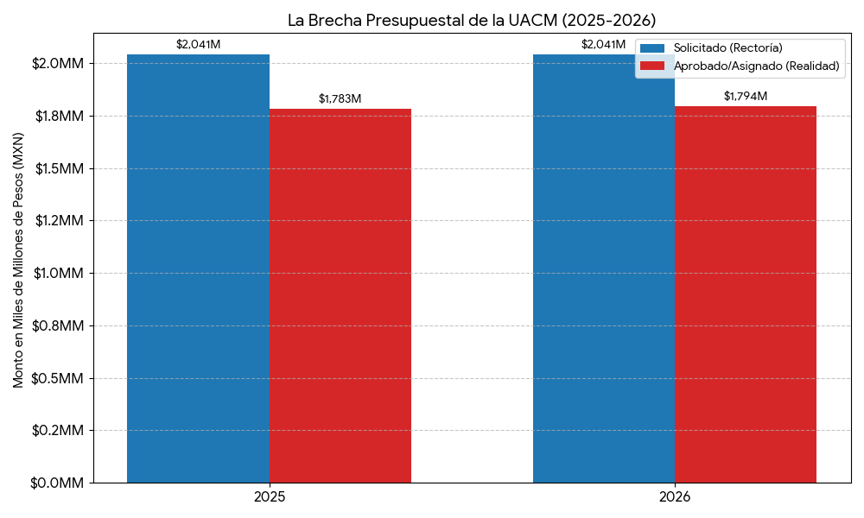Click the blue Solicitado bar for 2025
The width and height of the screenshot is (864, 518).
pyautogui.click(x=198, y=268)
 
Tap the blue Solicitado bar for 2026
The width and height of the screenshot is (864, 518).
pyautogui.click(x=603, y=268)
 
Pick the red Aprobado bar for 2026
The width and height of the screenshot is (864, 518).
pyautogui.click(x=745, y=294)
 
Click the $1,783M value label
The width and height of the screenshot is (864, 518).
pyautogui.click(x=340, y=99)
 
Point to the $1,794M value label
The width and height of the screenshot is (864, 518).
pyautogui.click(x=745, y=97)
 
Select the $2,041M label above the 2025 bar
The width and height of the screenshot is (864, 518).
pyautogui.click(x=198, y=45)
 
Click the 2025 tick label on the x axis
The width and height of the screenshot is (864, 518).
pyautogui.click(x=269, y=498)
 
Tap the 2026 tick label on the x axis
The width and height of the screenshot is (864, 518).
pyautogui.click(x=674, y=498)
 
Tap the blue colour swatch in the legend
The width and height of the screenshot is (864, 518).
pyautogui.click(x=652, y=48)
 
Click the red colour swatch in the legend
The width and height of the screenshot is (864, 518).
pyautogui.click(x=652, y=66)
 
